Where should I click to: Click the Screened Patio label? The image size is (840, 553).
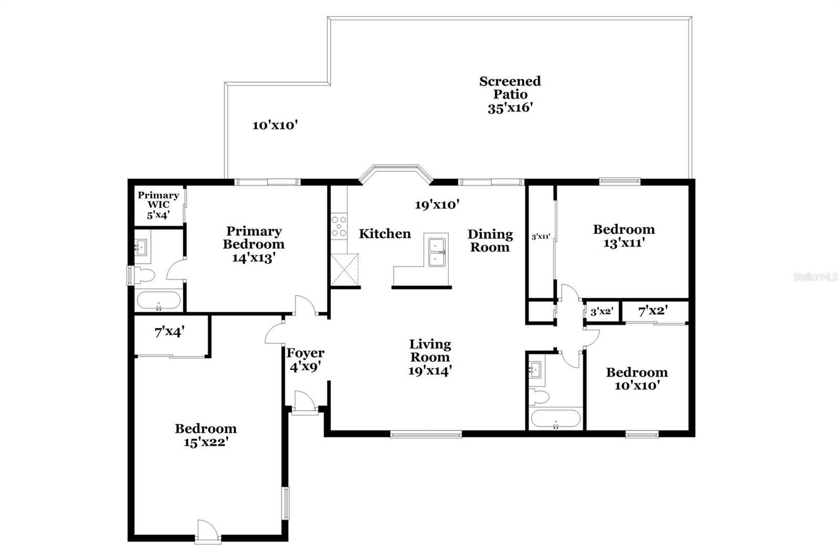[509, 88]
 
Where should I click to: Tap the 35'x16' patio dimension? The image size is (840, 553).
[510, 108]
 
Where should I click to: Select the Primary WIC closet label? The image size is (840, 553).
[158, 204]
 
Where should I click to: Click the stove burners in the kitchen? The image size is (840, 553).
[339, 226]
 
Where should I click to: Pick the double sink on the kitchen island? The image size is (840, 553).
[437, 252]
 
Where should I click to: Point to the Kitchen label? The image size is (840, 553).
[384, 234]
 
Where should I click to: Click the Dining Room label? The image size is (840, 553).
[489, 241]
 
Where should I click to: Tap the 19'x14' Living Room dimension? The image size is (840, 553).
[430, 371]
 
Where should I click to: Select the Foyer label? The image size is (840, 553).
[305, 353]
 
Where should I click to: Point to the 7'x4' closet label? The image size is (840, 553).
[169, 332]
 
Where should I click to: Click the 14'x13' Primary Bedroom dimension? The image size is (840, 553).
[254, 258]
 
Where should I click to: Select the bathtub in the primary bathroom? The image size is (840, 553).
[158, 301]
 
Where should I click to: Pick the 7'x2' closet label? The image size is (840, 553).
[652, 311]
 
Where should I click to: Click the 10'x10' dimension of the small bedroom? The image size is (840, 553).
[636, 385]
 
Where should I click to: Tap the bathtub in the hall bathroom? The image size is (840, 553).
[555, 419]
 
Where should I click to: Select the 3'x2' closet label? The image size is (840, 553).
[602, 311]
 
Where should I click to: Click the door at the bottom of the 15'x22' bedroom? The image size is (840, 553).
[205, 532]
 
